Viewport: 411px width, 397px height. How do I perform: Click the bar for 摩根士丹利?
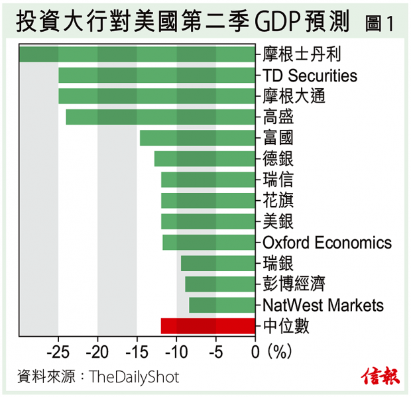tap(137, 54)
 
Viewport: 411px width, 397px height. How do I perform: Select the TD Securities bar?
tap(156, 75)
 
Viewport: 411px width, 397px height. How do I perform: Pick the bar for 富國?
tap(198, 138)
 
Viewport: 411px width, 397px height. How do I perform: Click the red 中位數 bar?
tap(208, 325)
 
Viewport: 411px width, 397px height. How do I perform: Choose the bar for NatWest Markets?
tap(222, 305)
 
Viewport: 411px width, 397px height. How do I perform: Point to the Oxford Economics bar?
tap(209, 242)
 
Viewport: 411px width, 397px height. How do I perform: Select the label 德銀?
tap(278, 158)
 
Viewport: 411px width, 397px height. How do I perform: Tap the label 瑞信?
tap(278, 180)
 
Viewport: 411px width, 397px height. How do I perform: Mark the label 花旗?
tap(278, 200)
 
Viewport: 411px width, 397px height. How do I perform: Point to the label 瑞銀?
tap(278, 263)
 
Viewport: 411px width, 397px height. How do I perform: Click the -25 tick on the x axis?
tap(58, 351)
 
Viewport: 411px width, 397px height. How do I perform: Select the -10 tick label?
tap(176, 351)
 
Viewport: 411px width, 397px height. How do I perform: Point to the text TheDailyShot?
tap(133, 377)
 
